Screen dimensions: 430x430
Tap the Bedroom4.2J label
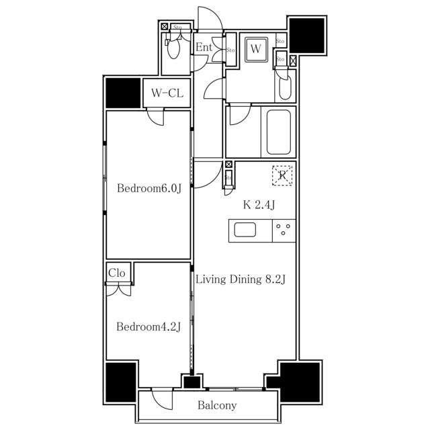[x=148, y=327]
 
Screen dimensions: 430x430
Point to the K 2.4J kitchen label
[x=259, y=205]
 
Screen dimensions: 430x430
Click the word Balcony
[x=217, y=405]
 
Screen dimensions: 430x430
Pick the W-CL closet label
[x=167, y=93]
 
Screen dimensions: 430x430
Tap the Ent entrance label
[x=204, y=48]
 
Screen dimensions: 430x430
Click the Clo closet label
[x=117, y=273]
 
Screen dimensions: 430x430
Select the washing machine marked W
[x=256, y=49]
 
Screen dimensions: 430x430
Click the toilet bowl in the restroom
[x=175, y=48]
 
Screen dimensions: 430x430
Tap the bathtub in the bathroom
[x=278, y=132]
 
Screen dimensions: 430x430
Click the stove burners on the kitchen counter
[x=284, y=231]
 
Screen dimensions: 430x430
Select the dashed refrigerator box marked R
[x=283, y=175]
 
